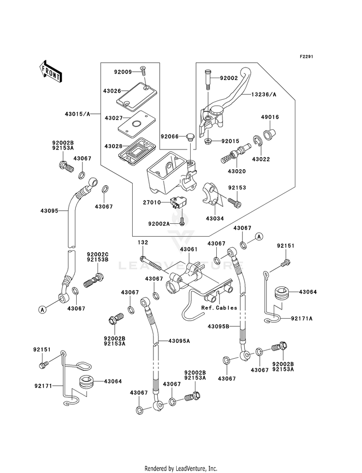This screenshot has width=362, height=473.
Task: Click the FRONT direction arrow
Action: tap(51, 71)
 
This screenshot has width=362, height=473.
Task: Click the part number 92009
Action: tap(123, 72)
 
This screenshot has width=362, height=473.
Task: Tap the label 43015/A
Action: tap(77, 114)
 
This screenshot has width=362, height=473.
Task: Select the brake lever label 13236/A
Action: tap(264, 95)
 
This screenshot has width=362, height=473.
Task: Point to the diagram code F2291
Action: tap(306, 56)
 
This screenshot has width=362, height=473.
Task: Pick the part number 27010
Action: tap(152, 203)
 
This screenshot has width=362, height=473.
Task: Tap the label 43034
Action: tap(215, 218)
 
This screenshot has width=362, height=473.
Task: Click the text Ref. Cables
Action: tap(219, 308)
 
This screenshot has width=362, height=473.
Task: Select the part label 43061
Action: tap(189, 249)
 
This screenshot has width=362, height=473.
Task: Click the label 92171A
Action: tap(302, 318)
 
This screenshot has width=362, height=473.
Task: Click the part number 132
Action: tap(143, 243)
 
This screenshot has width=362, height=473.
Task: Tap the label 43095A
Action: tap(179, 341)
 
